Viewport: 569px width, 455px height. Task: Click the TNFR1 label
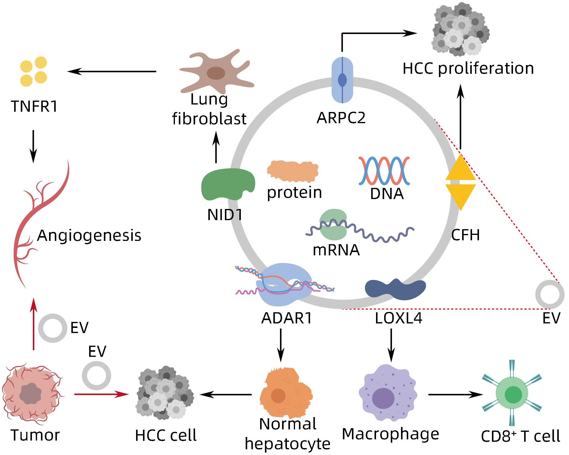point(34,107)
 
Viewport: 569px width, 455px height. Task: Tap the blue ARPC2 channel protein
point(342,80)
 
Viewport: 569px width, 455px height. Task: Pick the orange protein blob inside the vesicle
point(292,171)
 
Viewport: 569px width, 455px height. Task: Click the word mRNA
point(336,250)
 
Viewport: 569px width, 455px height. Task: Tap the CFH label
point(465,235)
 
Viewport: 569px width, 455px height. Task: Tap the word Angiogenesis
point(89,235)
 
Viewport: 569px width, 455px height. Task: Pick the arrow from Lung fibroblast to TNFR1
point(112,72)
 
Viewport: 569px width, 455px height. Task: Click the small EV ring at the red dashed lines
point(550,294)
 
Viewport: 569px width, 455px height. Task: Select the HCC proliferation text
point(468,68)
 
